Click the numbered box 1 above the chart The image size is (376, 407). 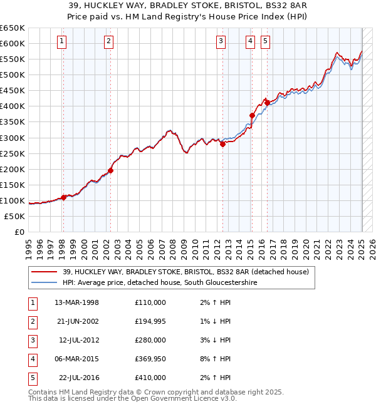pos(63,42)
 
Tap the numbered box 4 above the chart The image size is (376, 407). pos(250,42)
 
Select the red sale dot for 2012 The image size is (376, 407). pos(222,144)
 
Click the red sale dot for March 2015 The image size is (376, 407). pos(252,115)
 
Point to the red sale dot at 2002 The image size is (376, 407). pos(110,170)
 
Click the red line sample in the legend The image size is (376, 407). pos(44,272)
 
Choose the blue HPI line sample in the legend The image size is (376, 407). pos(44,283)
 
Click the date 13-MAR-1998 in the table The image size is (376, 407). pos(76,302)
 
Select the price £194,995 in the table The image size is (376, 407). pos(150,321)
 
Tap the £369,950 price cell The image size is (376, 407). pos(150,359)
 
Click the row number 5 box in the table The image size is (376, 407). pos(32,378)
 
